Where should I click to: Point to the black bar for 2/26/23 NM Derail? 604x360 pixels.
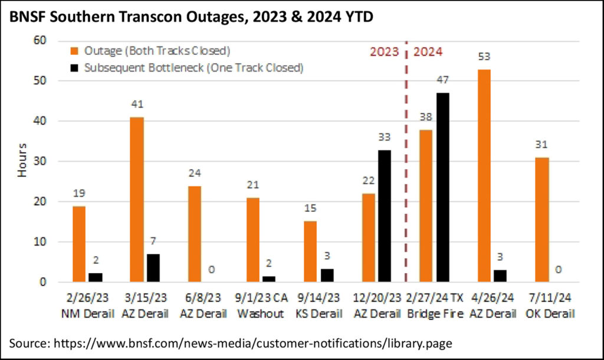(x=95, y=277)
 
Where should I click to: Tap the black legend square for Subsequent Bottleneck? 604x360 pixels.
(x=75, y=68)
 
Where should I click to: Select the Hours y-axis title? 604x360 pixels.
(x=21, y=160)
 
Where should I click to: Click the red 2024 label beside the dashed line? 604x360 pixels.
(x=428, y=51)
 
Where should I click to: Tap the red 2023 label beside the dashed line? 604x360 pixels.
(x=385, y=51)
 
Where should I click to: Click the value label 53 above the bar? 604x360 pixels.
(x=484, y=57)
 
